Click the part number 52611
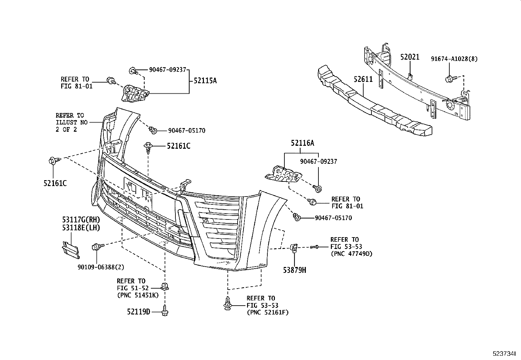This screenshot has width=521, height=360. pyautogui.click(x=363, y=80)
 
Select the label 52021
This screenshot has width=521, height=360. pyautogui.click(x=409, y=57)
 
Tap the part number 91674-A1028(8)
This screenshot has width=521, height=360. pyautogui.click(x=454, y=59)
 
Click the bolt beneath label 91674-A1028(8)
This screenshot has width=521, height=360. pyautogui.click(x=449, y=79)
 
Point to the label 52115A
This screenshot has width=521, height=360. pyautogui.click(x=205, y=81)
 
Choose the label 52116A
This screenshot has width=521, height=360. pyautogui.click(x=302, y=143)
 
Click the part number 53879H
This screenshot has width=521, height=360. pyautogui.click(x=295, y=270)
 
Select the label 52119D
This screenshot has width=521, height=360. pyautogui.click(x=138, y=312)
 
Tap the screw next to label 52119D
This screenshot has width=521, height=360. pyautogui.click(x=165, y=310)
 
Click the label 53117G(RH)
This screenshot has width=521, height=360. pyautogui.click(x=81, y=220)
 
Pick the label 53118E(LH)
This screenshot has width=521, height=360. pyautogui.click(x=81, y=227)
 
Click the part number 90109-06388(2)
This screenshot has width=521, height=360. pyautogui.click(x=101, y=267)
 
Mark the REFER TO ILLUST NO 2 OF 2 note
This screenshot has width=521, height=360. pyautogui.click(x=72, y=122)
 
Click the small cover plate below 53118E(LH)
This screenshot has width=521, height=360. pyautogui.click(x=70, y=250)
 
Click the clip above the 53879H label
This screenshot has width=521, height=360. pyautogui.click(x=294, y=248)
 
